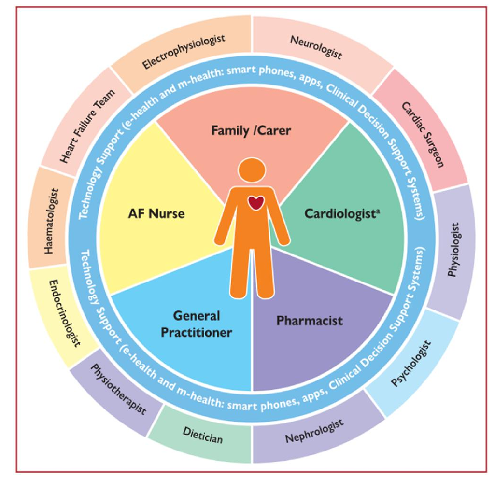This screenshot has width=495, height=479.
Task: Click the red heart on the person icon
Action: pos(255,203)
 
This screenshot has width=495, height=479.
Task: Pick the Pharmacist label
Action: pos(310,320)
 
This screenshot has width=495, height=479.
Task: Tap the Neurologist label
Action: pos(316,47)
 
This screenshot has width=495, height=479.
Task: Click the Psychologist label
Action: pos(410,363)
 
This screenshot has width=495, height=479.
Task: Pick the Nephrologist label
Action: pos(314,431)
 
